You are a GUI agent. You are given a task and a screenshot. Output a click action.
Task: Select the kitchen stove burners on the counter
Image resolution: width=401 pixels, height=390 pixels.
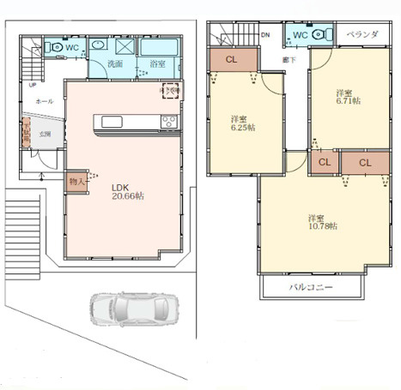click(x=167, y=121)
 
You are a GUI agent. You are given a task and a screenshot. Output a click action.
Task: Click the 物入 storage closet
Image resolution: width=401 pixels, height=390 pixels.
click(x=76, y=181)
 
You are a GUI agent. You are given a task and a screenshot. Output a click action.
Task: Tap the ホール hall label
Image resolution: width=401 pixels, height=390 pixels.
click(x=43, y=101)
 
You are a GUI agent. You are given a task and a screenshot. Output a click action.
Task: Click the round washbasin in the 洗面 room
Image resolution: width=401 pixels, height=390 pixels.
click(x=99, y=46)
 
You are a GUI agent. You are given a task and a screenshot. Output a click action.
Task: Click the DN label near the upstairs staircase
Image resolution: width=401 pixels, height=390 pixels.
click(x=265, y=35)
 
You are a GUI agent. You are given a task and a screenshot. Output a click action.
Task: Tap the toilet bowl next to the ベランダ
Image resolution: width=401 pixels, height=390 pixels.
click(x=323, y=35)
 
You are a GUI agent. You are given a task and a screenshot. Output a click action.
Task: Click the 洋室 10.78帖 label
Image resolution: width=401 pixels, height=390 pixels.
click(x=324, y=221)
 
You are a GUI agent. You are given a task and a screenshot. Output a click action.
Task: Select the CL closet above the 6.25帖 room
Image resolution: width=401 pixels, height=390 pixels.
click(x=233, y=59)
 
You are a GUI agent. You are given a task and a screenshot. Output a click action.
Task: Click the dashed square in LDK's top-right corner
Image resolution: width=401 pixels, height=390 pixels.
click(x=169, y=92)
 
